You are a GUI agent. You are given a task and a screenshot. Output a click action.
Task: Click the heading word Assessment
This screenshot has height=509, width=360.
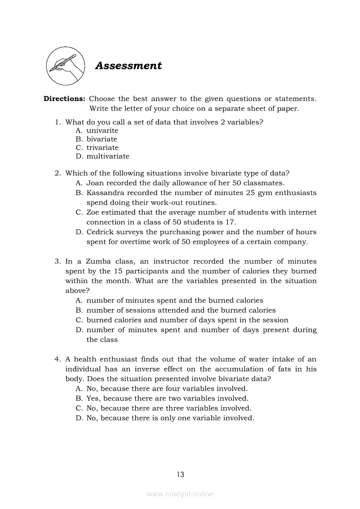[128, 66]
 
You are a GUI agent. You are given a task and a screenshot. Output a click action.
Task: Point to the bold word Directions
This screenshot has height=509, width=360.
[64, 99]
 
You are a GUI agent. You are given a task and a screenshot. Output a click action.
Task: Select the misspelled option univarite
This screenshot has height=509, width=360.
[102, 131]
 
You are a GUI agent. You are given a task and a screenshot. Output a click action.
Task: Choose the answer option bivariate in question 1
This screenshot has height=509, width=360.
[102, 139]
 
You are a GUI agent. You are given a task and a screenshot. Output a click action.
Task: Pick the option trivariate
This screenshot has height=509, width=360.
[102, 148]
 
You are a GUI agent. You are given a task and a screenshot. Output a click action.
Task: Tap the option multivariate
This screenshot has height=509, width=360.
[108, 156]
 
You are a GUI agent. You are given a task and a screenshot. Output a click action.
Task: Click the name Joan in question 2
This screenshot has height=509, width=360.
[95, 183]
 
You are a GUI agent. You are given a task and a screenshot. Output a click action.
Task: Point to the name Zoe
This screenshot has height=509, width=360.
[93, 212]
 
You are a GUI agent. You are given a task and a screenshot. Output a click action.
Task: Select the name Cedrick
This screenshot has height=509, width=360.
[100, 232]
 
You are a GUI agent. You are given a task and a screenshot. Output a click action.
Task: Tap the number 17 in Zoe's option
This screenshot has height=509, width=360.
[231, 222]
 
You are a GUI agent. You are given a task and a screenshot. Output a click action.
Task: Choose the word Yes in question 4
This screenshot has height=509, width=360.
[93, 398]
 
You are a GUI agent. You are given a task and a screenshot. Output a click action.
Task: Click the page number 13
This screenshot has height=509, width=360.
[180, 475]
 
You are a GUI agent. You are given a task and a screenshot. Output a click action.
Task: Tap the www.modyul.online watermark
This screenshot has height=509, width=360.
[180, 494]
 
